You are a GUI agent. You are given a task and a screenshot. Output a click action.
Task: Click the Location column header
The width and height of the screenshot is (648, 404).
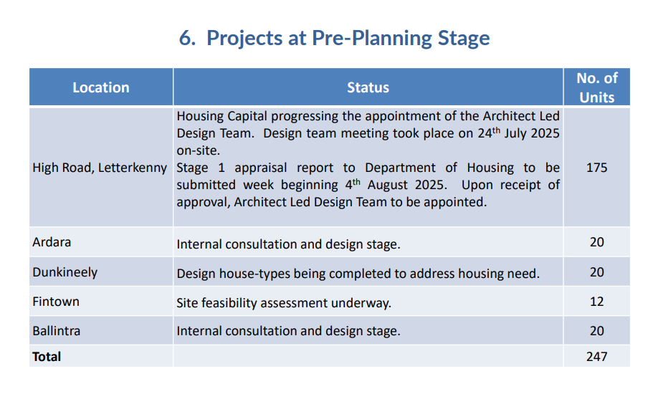click(x=101, y=87)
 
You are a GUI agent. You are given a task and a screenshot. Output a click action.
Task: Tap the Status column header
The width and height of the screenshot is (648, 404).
click(x=368, y=87)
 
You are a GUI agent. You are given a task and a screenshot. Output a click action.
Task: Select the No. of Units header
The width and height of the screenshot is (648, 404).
click(x=597, y=87)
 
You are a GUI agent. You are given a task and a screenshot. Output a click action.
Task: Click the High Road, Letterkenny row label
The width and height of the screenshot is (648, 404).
click(x=100, y=168)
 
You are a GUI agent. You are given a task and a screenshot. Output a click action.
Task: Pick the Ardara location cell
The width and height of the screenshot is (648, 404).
click(x=52, y=242)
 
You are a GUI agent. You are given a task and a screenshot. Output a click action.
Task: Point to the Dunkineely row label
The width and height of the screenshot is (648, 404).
click(x=65, y=273)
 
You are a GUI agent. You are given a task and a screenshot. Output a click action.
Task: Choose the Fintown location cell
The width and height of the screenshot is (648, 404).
click(x=56, y=302)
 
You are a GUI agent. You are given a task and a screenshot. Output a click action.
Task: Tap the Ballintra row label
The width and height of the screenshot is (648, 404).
click(x=56, y=331)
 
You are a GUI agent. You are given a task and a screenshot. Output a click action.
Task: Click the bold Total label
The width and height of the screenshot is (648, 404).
click(x=47, y=357)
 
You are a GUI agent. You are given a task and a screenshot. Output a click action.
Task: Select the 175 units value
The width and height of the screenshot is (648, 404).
click(x=597, y=168)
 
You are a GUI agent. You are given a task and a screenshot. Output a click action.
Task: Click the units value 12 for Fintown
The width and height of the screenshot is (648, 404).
click(x=597, y=302)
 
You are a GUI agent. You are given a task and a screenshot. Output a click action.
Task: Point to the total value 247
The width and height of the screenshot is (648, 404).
click(x=597, y=357)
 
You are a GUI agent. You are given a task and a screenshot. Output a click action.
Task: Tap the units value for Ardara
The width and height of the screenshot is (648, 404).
click(x=597, y=242)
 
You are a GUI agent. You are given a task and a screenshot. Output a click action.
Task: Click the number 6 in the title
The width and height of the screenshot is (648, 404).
click(x=187, y=38)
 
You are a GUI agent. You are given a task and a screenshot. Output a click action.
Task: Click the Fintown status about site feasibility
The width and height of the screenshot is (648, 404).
click(x=284, y=303)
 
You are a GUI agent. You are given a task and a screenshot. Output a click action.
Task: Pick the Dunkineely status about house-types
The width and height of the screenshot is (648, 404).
click(x=358, y=274)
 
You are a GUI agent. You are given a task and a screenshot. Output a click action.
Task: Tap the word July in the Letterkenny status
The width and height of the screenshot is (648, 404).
click(x=515, y=134)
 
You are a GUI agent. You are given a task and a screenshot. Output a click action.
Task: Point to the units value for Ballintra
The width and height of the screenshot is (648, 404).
click(x=597, y=331)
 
